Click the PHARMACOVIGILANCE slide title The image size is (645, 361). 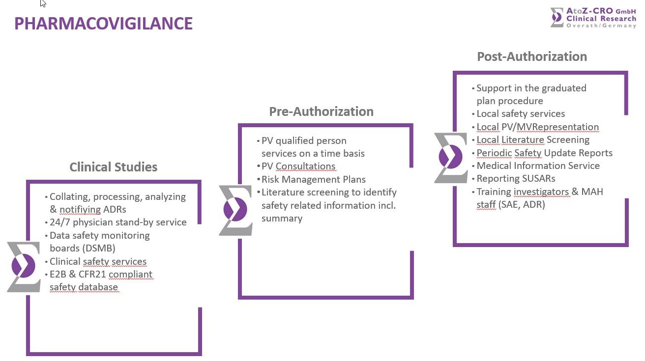103,24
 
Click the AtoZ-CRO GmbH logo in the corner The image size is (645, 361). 593,17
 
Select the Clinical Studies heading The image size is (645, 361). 113,167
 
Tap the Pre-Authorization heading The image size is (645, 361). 321,111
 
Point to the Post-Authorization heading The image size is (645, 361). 532,56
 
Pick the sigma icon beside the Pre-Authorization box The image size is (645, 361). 235,210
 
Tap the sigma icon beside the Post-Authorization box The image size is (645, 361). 451,158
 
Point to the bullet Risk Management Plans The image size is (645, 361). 313,179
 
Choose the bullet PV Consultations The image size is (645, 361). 298,167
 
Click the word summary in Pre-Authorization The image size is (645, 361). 282,218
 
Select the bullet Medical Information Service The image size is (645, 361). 538,166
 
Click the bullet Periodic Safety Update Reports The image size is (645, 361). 544,153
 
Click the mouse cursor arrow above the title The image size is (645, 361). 43,3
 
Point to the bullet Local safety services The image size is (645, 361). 521,113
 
